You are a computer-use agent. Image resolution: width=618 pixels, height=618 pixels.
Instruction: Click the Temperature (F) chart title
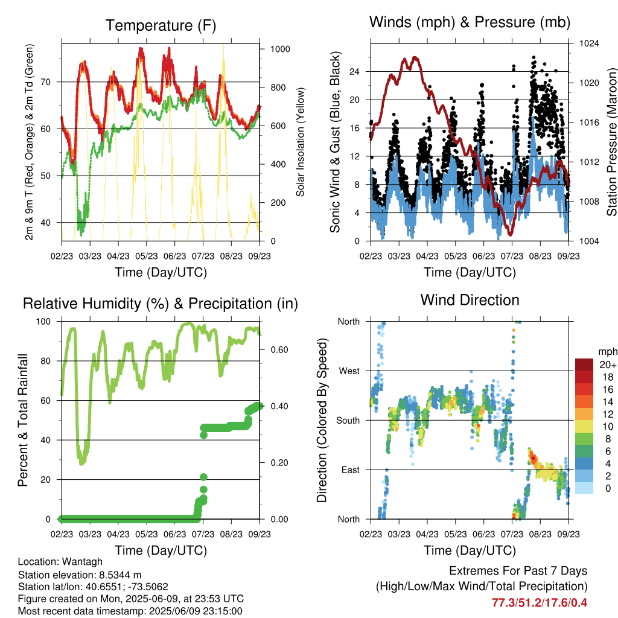pyautogui.click(x=161, y=25)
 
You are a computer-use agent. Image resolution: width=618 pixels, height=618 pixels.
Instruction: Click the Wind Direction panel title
pyautogui.click(x=470, y=300)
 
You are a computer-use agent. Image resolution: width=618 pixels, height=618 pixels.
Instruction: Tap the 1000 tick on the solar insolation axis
pyautogui.click(x=280, y=49)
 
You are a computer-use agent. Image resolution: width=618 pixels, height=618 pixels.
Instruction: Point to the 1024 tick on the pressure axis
pyautogui.click(x=589, y=43)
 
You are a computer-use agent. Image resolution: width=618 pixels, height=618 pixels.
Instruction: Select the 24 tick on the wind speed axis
pyautogui.click(x=354, y=72)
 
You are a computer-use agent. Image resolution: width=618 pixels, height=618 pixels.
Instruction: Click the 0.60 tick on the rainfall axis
pyautogui.click(x=279, y=350)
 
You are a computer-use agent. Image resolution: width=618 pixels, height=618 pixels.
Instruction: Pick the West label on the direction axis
pyautogui.click(x=349, y=371)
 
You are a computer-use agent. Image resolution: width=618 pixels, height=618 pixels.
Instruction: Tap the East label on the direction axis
pyautogui.click(x=351, y=470)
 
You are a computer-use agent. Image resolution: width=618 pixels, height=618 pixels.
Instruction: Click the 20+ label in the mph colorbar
pyautogui.click(x=608, y=365)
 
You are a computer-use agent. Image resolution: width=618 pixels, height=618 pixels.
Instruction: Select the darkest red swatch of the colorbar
pyautogui.click(x=584, y=365)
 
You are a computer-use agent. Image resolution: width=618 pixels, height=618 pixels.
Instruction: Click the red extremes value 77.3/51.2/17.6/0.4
pyautogui.click(x=539, y=603)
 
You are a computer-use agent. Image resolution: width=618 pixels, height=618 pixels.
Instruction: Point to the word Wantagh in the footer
pyautogui.click(x=82, y=562)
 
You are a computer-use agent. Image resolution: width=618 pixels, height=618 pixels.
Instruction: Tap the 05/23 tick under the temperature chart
pyautogui.click(x=146, y=256)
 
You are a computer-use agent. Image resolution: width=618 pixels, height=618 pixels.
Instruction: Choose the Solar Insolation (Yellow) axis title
pyautogui.click(x=301, y=142)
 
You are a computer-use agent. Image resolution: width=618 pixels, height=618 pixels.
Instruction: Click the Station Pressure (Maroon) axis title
pyautogui.click(x=612, y=142)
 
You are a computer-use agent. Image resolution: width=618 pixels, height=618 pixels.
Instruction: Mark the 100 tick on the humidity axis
pyautogui.click(x=43, y=322)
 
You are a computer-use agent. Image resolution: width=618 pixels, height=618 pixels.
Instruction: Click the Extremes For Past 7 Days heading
pyautogui.click(x=518, y=571)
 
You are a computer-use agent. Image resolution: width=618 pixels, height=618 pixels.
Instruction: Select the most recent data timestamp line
pyautogui.click(x=130, y=611)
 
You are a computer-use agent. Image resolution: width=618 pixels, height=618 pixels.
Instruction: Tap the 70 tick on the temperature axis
pyautogui.click(x=46, y=82)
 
